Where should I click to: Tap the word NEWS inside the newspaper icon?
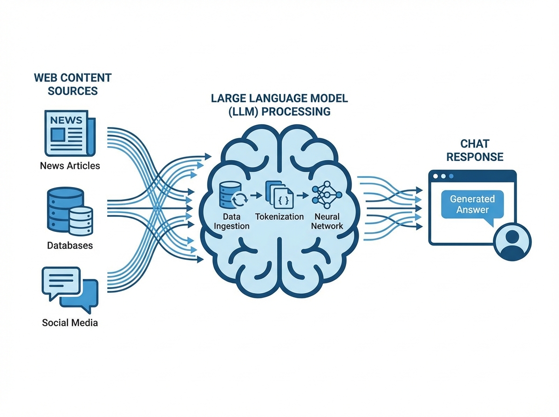click(66, 120)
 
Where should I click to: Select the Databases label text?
click(70, 245)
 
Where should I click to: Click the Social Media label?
click(70, 323)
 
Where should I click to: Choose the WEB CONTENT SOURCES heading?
click(73, 84)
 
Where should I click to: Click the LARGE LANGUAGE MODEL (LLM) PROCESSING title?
click(279, 105)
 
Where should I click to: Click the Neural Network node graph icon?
click(327, 194)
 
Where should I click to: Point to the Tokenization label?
click(279, 217)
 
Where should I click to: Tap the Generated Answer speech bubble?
click(472, 205)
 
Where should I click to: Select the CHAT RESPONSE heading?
click(475, 150)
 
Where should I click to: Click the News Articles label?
click(70, 166)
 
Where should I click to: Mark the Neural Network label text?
click(329, 222)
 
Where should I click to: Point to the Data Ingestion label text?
click(232, 222)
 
